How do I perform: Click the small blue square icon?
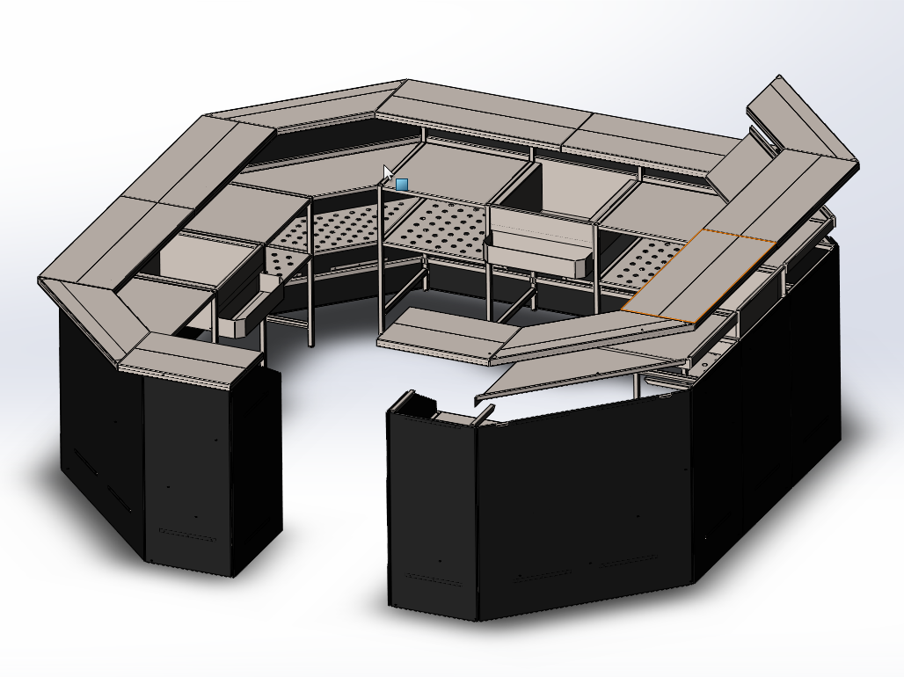pyautogui.click(x=402, y=185)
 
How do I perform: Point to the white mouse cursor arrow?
pyautogui.click(x=388, y=173)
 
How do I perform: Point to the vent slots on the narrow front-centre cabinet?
pyautogui.click(x=433, y=579)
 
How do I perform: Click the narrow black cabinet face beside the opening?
pyautogui.click(x=432, y=510)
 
